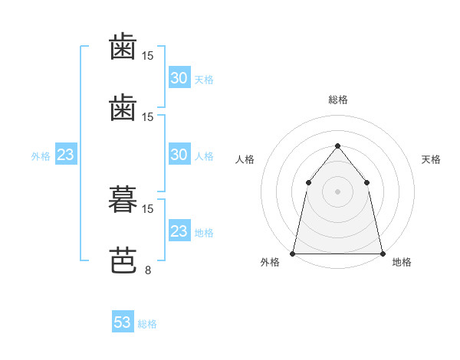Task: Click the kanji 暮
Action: click(x=123, y=199)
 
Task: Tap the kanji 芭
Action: click(x=123, y=260)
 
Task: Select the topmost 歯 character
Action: click(x=123, y=46)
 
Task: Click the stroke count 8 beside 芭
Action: click(x=148, y=270)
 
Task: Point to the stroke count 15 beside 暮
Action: click(x=147, y=209)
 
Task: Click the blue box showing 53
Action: click(x=123, y=321)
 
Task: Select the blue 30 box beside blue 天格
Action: click(x=179, y=77)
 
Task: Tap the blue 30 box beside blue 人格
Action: click(x=179, y=154)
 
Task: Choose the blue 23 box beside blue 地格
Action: click(x=179, y=230)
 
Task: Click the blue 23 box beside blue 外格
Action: click(x=66, y=154)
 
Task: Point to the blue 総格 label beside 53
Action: click(x=147, y=324)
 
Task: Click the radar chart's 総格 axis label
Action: click(x=338, y=100)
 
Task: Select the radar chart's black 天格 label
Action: click(x=431, y=159)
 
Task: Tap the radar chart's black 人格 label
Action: click(x=245, y=159)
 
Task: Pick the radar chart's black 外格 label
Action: click(x=270, y=262)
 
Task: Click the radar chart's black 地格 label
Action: click(x=402, y=262)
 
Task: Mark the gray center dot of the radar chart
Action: click(x=337, y=191)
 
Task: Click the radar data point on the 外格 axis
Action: click(x=293, y=254)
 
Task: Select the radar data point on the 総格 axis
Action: click(x=337, y=146)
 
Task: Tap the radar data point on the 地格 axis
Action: click(x=383, y=254)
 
